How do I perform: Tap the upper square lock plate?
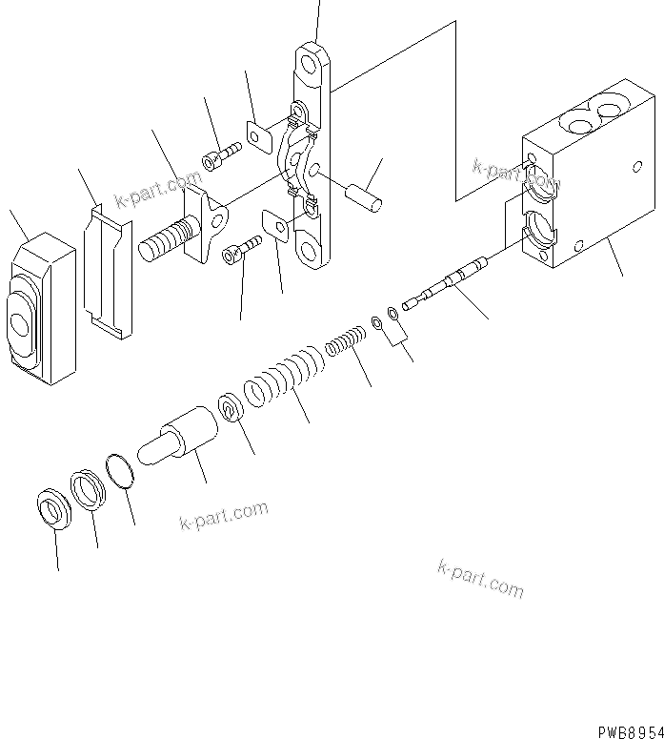258,134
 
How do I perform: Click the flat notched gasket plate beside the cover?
106,272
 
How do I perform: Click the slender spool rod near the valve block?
447,282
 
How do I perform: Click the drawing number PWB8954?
630,729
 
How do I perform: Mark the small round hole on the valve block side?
636,167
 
